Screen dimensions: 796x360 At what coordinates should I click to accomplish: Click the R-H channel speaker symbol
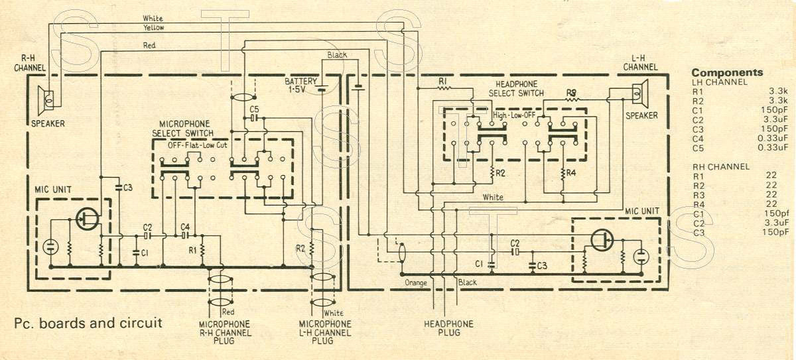[x=46, y=101]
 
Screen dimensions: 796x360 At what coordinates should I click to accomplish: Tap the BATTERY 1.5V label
[x=300, y=86]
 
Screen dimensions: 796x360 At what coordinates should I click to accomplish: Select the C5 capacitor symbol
[x=253, y=118]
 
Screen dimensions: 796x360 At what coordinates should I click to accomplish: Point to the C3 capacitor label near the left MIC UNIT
[x=127, y=188]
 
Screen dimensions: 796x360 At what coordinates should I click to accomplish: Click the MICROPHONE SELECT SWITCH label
[x=183, y=129]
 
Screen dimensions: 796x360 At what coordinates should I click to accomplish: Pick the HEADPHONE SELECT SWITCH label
[x=516, y=89]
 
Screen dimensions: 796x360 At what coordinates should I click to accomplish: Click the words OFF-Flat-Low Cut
[x=198, y=145]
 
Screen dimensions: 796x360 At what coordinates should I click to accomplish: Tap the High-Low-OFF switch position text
[x=514, y=115]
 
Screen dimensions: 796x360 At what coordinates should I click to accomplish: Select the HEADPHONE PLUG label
[x=448, y=328]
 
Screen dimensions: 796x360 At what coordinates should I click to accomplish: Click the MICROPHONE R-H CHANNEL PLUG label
[x=225, y=332]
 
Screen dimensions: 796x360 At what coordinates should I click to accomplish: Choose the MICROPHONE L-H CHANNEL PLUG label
[x=325, y=332]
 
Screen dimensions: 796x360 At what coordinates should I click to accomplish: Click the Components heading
[x=727, y=72]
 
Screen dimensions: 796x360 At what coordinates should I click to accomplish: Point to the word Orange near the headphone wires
[x=416, y=283]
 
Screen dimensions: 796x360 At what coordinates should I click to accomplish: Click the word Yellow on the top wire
[x=153, y=28]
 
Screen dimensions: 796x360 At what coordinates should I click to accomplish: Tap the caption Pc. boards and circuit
[x=88, y=323]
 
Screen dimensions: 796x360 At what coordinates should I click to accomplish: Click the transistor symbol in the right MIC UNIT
[x=602, y=241]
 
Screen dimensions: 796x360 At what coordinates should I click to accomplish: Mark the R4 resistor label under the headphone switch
[x=571, y=173]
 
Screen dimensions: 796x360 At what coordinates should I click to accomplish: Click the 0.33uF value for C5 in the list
[x=773, y=147]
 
